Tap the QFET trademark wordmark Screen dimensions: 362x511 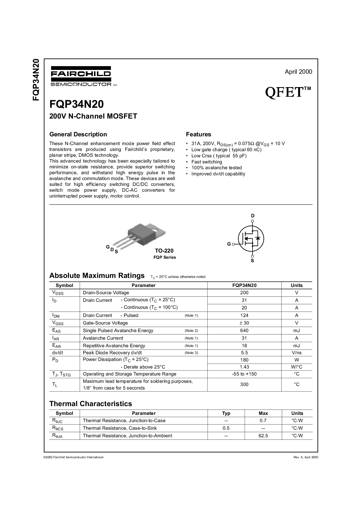pyautogui.click(x=288, y=92)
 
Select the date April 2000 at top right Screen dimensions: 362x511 pyautogui.click(x=298, y=72)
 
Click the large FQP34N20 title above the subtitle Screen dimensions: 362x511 pyautogui.click(x=76, y=104)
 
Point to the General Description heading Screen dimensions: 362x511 pyautogui.click(x=78, y=134)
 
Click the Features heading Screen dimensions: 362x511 pyautogui.click(x=199, y=134)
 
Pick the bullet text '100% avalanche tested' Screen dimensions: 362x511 pyautogui.click(x=217, y=168)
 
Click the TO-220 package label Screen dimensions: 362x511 pyautogui.click(x=164, y=251)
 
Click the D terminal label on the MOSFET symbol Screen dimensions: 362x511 pyautogui.click(x=253, y=216)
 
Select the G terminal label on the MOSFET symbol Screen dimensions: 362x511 pyautogui.click(x=229, y=244)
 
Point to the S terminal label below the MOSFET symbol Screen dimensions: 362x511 pyautogui.click(x=252, y=261)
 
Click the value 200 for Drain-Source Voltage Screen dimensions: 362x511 pyautogui.click(x=244, y=293)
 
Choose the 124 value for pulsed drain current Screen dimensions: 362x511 pyautogui.click(x=244, y=316)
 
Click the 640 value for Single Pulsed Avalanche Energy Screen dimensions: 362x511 pyautogui.click(x=244, y=331)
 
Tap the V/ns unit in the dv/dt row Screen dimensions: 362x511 pyautogui.click(x=297, y=353)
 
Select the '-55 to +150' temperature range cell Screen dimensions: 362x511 pyautogui.click(x=244, y=374)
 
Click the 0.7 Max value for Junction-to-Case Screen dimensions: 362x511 pyautogui.click(x=263, y=421)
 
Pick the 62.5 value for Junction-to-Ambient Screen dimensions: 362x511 pyautogui.click(x=263, y=436)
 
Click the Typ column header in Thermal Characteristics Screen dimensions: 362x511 pyautogui.click(x=226, y=413)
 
